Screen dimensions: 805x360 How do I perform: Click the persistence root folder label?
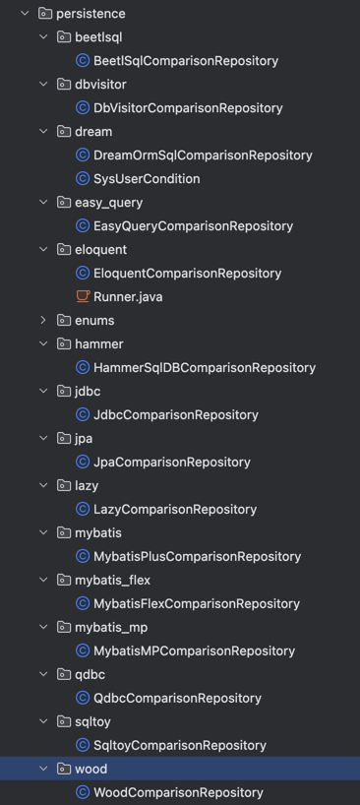coord(90,14)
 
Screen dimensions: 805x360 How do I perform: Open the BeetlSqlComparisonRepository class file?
coord(185,61)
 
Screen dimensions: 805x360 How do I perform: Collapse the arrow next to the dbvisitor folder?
coord(43,85)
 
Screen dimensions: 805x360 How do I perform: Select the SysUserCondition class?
coord(146,179)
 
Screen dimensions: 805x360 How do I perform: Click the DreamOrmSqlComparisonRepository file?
coord(202,155)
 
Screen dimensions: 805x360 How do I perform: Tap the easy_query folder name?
coord(108,203)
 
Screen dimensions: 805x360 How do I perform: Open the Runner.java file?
coord(128,297)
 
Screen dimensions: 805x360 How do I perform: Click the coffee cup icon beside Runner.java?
coord(84,297)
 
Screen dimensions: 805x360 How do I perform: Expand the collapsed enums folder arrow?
coord(43,321)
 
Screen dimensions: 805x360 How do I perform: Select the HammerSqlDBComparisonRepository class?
coord(204,368)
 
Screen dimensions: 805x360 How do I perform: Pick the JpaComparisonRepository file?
coord(171,463)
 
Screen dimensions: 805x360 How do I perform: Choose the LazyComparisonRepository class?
coord(174,510)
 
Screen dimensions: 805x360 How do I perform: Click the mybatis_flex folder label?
coord(112,581)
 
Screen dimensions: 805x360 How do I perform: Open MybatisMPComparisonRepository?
coord(194,651)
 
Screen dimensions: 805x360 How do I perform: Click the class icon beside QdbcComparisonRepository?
coord(84,699)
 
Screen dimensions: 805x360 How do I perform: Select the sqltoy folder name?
coord(93,722)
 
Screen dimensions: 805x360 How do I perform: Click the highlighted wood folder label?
coord(90,770)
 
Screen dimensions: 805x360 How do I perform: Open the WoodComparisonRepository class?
coord(178,793)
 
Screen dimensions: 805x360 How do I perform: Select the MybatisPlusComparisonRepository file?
coord(197,557)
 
